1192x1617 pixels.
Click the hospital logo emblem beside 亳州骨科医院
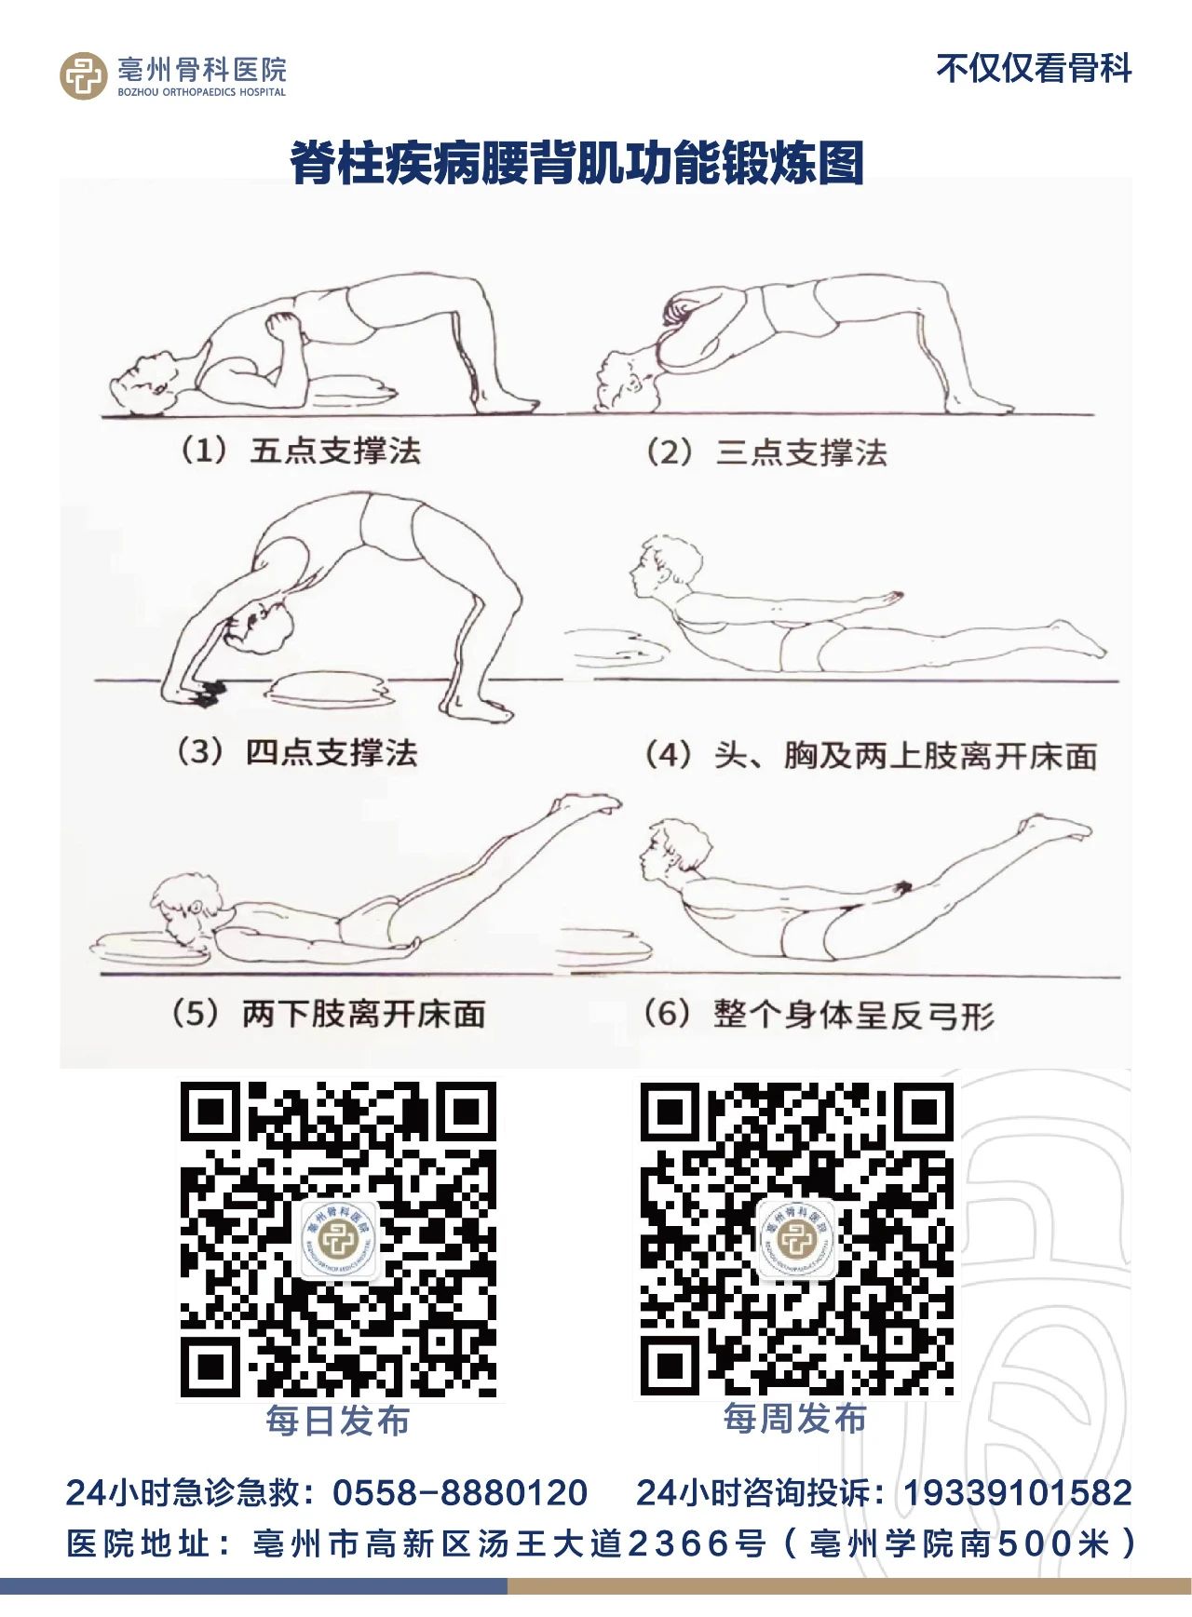(84, 75)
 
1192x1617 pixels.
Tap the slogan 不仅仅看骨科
(1034, 69)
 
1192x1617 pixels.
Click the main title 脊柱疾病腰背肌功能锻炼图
(577, 163)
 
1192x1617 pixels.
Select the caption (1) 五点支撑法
(300, 451)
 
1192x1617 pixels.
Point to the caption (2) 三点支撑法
(766, 453)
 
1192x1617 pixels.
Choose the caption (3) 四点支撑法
(297, 752)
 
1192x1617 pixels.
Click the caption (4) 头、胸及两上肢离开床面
(871, 755)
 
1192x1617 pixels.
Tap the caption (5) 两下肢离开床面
(329, 1013)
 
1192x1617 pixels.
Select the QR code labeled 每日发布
(338, 1239)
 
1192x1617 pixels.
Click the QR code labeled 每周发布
(796, 1239)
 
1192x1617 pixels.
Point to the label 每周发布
(795, 1419)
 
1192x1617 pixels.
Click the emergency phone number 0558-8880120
(460, 1493)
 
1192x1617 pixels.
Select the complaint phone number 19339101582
(1018, 1493)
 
